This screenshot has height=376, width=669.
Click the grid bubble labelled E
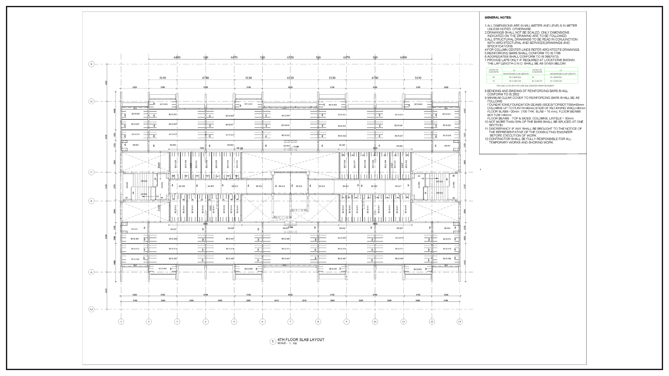pos(91,64)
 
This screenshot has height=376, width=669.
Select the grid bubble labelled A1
pos(91,309)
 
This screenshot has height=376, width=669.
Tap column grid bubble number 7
pos(290,322)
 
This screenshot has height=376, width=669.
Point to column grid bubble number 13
pos(459,322)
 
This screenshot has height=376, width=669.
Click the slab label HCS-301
pos(163,104)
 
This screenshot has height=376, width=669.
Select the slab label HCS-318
pos(285,125)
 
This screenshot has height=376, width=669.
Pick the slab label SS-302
pos(173,145)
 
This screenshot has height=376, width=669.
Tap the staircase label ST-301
pos(144,194)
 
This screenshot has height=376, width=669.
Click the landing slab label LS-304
pos(453,185)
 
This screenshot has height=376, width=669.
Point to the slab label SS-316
pos(374,186)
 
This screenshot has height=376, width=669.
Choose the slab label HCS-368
pos(285,239)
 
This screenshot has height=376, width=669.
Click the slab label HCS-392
pos(418,269)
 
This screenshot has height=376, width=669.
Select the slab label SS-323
pos(400,228)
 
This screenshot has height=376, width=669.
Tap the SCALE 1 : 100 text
pos(287,344)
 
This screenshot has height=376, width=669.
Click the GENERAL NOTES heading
pos(498,17)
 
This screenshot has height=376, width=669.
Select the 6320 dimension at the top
pos(290,57)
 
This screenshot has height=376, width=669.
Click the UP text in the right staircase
pos(423,179)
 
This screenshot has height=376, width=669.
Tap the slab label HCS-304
pos(418,104)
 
